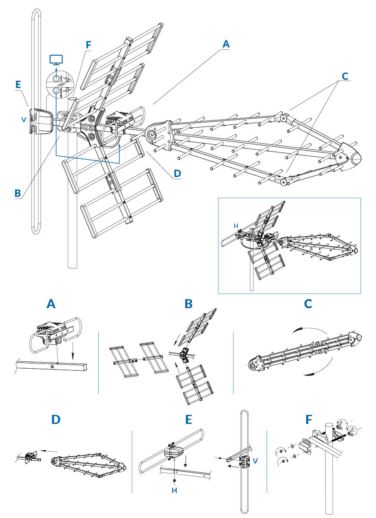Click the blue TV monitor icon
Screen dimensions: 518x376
pyautogui.click(x=56, y=60)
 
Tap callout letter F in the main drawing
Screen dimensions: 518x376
pyautogui.click(x=88, y=45)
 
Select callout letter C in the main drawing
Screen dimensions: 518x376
pyautogui.click(x=345, y=76)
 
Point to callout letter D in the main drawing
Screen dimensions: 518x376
pyautogui.click(x=177, y=174)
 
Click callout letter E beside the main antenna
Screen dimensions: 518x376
pyautogui.click(x=18, y=85)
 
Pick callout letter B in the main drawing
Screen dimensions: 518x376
pyautogui.click(x=18, y=193)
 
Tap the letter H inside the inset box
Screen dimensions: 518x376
pyautogui.click(x=235, y=226)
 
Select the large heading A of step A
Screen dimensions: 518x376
pyautogui.click(x=51, y=304)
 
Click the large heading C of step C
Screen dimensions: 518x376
pyautogui.click(x=308, y=304)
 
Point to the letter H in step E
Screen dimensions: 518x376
pyautogui.click(x=174, y=490)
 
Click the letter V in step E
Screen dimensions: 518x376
pyautogui.click(x=256, y=461)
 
